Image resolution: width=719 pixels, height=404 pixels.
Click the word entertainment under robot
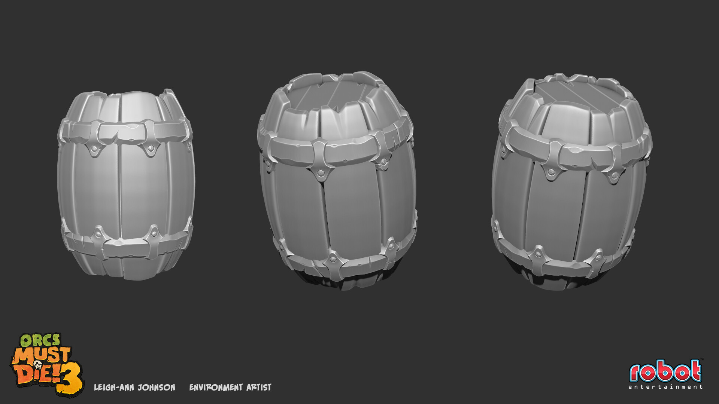pyautogui.click(x=665, y=387)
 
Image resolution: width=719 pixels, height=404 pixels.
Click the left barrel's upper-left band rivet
pyautogui.click(x=93, y=149)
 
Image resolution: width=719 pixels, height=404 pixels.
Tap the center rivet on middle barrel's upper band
pyautogui.click(x=321, y=173)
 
